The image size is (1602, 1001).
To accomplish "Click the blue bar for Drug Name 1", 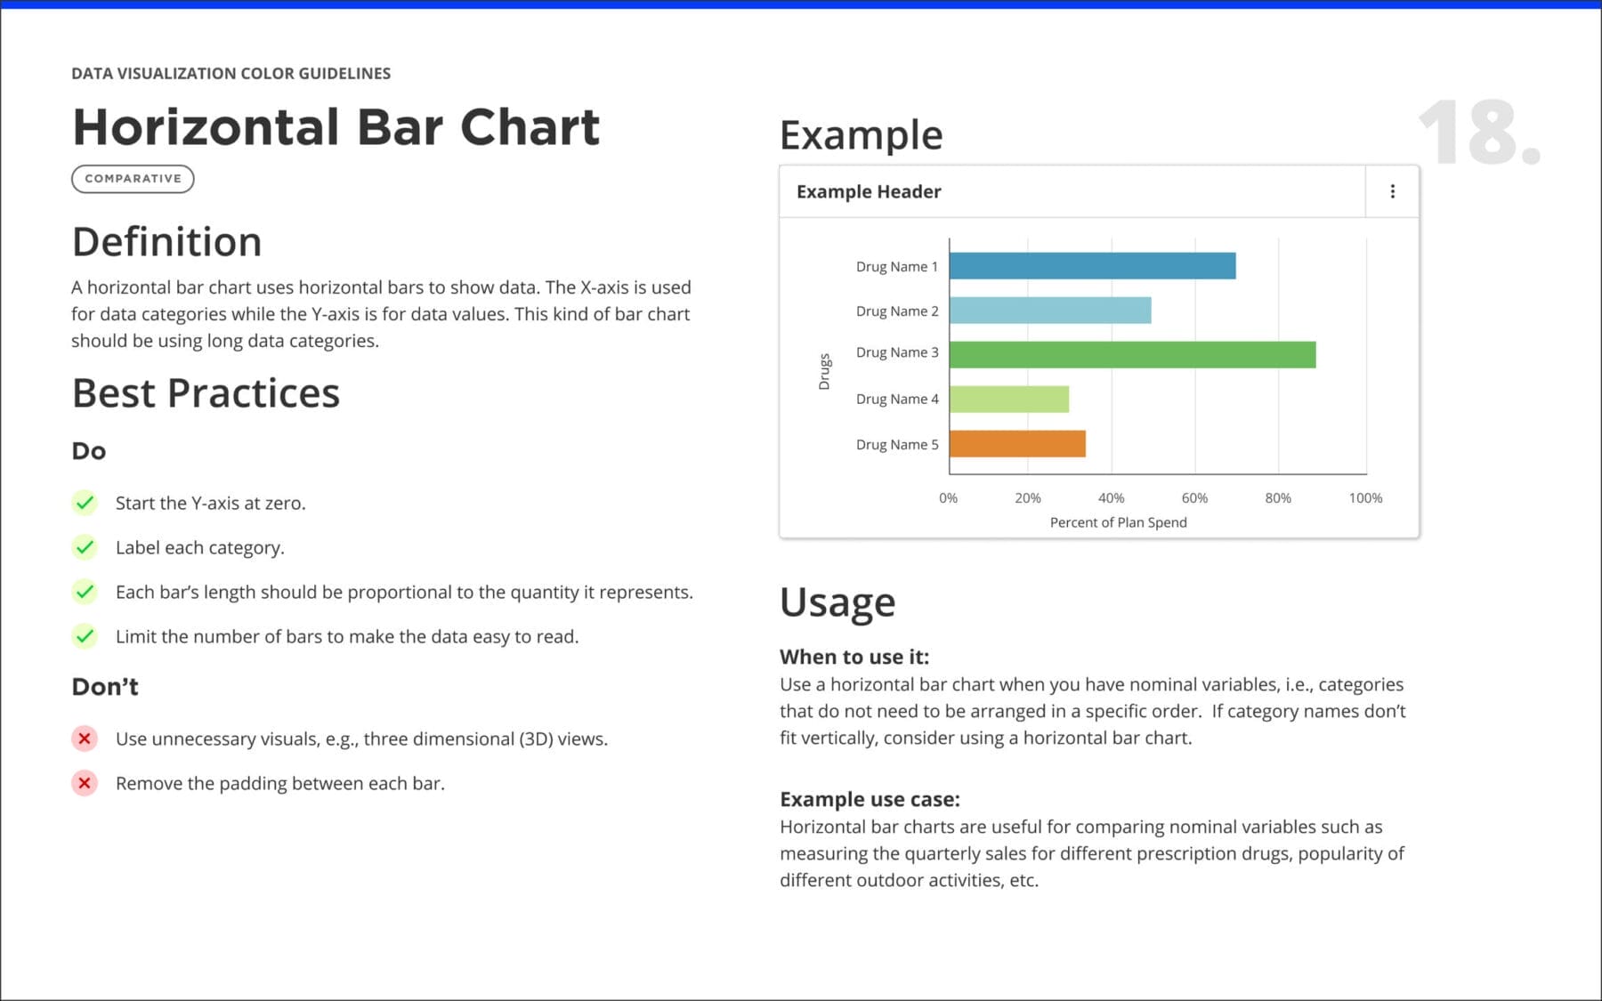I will [1092, 266].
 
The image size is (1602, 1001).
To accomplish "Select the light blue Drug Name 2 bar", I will [1050, 311].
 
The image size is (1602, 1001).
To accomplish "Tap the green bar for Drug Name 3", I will [1132, 355].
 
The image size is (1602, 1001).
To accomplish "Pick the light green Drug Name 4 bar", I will [1009, 399].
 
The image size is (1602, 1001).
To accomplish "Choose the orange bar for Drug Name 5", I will [1017, 444].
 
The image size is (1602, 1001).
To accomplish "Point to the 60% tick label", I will [1194, 498].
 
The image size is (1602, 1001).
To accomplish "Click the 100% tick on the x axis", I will [1364, 498].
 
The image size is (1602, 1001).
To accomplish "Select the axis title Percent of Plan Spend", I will [1118, 522].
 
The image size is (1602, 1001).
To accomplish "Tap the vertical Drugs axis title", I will [824, 372].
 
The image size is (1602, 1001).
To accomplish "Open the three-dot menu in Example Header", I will [1392, 191].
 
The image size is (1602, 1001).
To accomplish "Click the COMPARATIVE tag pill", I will [133, 179].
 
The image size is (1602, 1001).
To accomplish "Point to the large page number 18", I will [1477, 133].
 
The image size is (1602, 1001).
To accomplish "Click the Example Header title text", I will [868, 191].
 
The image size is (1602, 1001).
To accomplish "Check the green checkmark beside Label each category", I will [85, 547].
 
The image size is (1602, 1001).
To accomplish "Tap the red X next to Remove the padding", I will [85, 783].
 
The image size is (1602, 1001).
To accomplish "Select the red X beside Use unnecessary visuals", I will [85, 739].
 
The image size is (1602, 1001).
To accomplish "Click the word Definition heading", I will [166, 242].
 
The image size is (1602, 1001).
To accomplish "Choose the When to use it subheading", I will [854, 657].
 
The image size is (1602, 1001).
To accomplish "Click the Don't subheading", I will [105, 687].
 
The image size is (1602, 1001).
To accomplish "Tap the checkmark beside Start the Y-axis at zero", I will [85, 503].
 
